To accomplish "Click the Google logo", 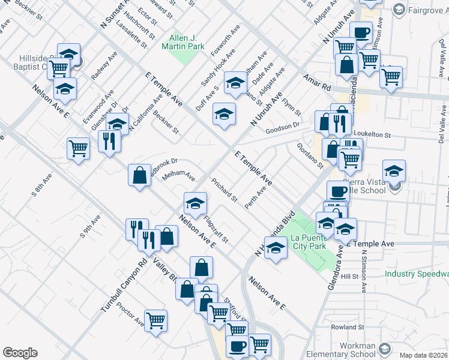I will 20,353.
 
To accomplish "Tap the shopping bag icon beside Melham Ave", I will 139,175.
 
